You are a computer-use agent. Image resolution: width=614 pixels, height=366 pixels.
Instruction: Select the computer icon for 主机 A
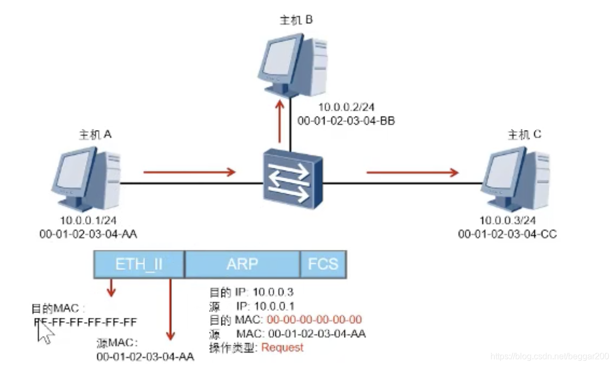pos(86,179)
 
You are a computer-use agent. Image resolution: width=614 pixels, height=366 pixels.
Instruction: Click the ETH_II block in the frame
pos(139,264)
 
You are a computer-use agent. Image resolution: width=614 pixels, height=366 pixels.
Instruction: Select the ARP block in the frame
pos(242,264)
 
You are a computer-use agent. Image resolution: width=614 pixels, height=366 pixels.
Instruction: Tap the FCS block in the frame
pos(323,264)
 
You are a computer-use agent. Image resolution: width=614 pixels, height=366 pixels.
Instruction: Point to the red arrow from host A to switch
pos(189,172)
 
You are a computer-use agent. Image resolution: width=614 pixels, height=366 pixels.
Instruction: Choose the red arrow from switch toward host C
pos(412,172)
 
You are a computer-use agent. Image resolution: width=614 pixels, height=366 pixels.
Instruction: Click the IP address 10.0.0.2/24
pos(342,108)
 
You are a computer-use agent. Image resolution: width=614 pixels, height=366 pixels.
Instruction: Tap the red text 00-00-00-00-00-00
pos(314,320)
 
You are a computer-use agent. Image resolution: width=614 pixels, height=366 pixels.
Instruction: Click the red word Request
pos(282,348)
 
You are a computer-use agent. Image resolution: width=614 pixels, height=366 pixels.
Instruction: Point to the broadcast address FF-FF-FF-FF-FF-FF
pos(86,322)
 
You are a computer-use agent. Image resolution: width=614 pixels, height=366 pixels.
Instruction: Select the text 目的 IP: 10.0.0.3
pos(251,292)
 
